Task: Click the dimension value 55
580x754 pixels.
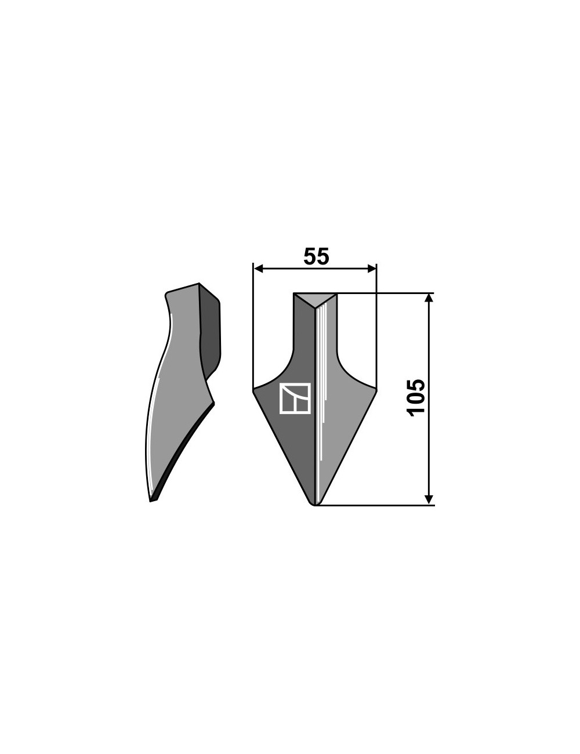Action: (x=316, y=257)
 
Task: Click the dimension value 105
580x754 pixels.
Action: (x=416, y=398)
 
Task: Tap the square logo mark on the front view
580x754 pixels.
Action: (x=295, y=398)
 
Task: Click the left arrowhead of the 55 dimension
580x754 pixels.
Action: (x=259, y=268)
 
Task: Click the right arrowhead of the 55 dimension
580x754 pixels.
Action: (x=372, y=268)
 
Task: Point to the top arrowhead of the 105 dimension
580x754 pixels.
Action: (x=429, y=298)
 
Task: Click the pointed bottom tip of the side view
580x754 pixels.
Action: (x=151, y=501)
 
